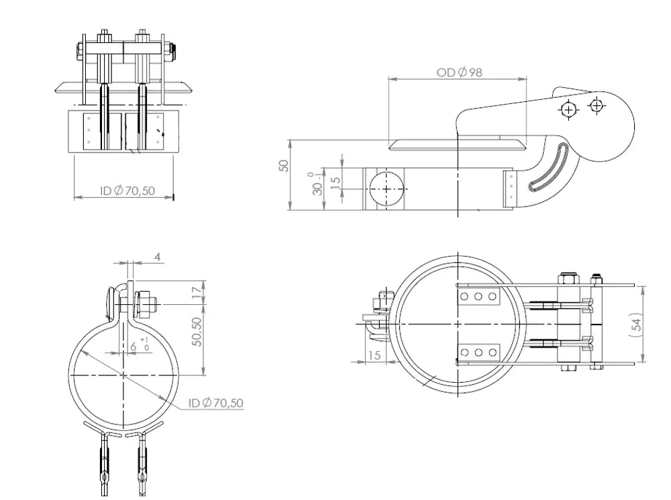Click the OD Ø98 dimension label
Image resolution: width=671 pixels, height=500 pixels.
point(459,72)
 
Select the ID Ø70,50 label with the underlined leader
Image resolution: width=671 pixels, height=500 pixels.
point(215,403)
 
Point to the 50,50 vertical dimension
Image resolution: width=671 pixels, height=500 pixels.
point(197,332)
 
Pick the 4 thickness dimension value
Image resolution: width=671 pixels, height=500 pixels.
point(158,257)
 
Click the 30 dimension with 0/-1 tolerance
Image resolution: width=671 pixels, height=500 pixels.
point(316,184)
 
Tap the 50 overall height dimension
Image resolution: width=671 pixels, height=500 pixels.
point(283,166)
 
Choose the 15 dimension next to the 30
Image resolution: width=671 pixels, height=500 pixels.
point(336,180)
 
